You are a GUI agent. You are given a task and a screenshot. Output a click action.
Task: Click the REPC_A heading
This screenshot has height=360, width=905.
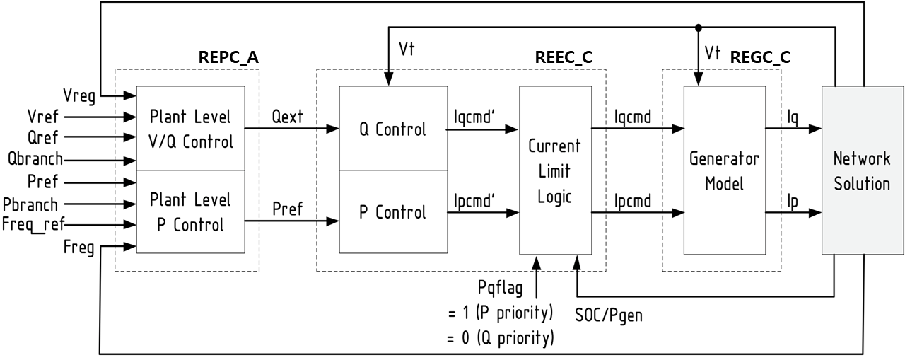pos(228,58)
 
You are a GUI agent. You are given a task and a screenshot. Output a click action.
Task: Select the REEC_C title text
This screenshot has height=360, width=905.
pos(563,58)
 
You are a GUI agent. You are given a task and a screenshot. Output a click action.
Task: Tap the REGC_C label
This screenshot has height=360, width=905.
pos(759,58)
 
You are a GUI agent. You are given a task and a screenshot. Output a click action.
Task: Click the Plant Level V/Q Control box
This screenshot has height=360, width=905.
pos(190,129)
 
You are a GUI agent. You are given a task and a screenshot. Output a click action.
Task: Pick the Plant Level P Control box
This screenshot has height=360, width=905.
pos(190,211)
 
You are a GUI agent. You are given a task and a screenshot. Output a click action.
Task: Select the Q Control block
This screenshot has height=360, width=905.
pos(392,129)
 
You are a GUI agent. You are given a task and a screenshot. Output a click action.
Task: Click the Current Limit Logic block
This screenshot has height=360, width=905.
pos(554,170)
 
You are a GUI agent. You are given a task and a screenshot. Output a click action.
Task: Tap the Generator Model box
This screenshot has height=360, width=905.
pos(725,170)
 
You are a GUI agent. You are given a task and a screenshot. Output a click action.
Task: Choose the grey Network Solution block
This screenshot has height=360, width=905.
pos(861,170)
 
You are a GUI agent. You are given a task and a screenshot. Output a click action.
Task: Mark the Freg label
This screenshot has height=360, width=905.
pos(79,248)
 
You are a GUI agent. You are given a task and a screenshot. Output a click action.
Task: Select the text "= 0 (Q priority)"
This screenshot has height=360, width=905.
pos(500,338)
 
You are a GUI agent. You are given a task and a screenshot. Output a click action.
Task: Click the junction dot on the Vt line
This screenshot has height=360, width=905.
pos(699,28)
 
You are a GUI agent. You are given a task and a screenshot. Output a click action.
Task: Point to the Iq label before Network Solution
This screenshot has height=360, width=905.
pos(793,117)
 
